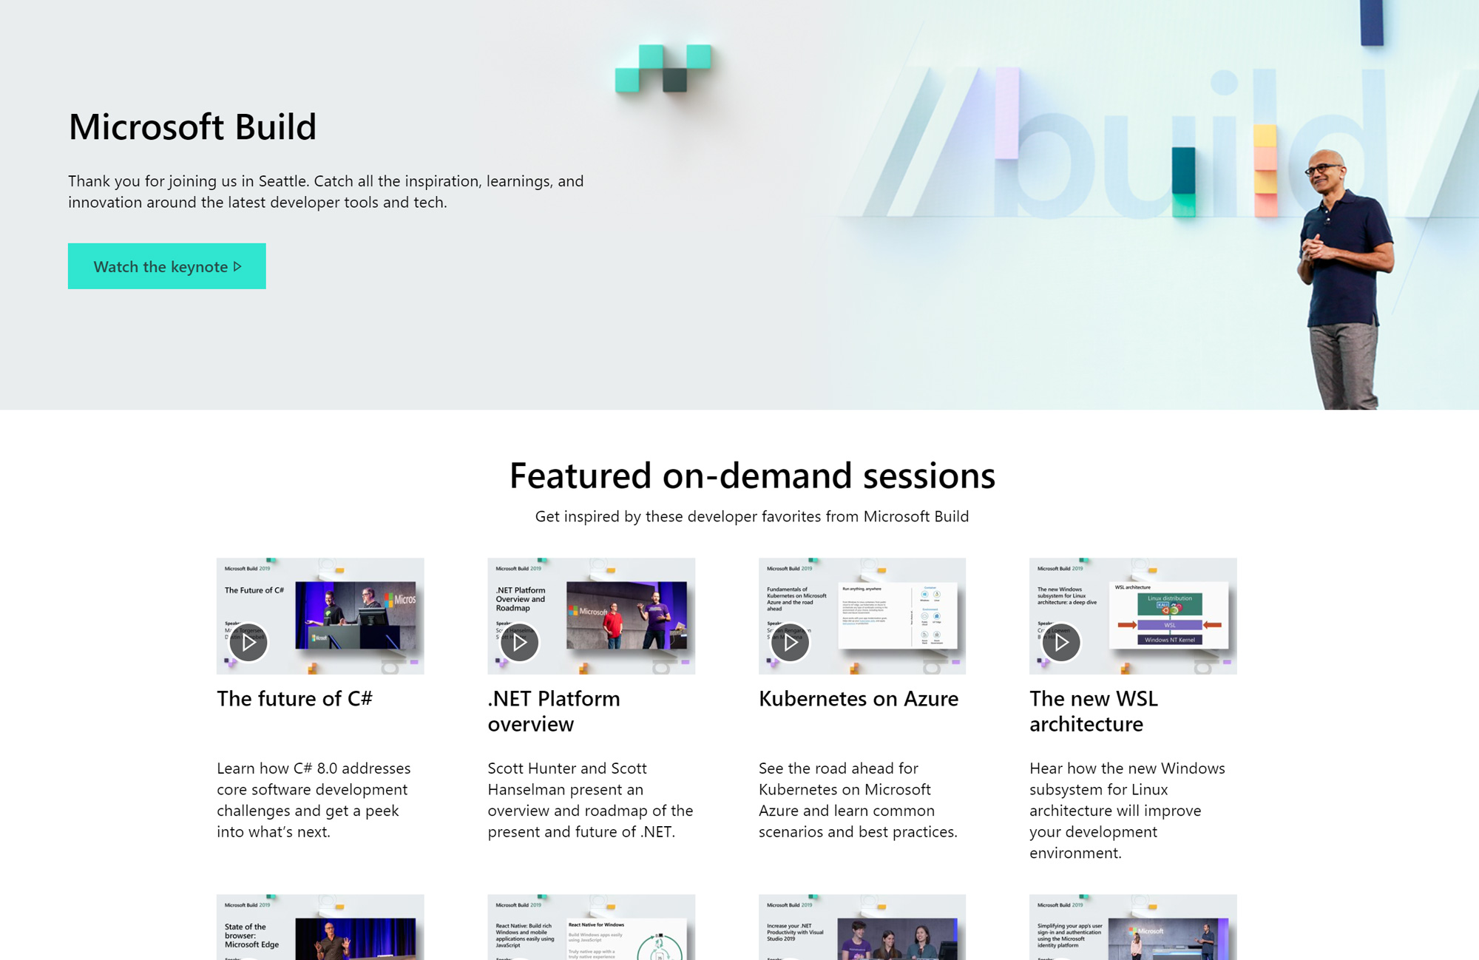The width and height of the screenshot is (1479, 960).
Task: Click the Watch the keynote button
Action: (x=166, y=266)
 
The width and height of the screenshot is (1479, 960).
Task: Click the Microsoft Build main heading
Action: (x=192, y=127)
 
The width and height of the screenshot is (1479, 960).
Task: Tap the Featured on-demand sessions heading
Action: (x=752, y=476)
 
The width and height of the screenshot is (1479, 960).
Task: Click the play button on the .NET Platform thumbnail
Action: (x=519, y=642)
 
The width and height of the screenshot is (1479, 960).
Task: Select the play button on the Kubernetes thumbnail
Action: (x=790, y=642)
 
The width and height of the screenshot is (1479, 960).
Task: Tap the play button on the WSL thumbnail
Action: (x=1061, y=642)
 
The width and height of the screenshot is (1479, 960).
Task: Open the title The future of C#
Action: (x=294, y=699)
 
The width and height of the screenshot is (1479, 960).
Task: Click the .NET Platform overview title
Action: (x=553, y=711)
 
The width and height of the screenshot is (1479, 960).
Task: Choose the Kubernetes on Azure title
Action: (x=858, y=699)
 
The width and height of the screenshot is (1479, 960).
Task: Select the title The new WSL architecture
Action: (x=1093, y=711)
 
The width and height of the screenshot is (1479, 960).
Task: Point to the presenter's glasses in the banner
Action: (x=1324, y=169)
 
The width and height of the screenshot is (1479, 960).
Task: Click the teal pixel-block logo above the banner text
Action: (x=663, y=68)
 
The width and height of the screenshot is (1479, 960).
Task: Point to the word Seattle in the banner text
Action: (x=282, y=181)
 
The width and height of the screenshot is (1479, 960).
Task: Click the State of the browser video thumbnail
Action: (x=319, y=928)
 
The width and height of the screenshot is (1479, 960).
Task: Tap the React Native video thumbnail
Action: (x=591, y=928)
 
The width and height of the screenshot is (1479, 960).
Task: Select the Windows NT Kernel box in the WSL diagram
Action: (x=1169, y=640)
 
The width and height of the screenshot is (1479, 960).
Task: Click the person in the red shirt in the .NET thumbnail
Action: (x=613, y=627)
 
